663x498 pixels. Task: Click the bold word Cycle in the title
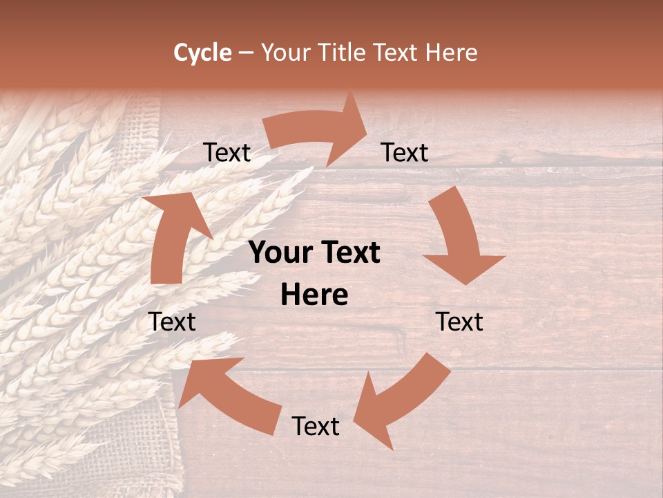point(202,53)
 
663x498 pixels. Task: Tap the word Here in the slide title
point(453,53)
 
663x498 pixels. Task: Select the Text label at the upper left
point(227,153)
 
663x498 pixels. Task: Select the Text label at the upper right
point(405,153)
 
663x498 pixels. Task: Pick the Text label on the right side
point(459,322)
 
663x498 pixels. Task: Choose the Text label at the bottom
point(316,426)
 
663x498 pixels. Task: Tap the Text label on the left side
point(172,322)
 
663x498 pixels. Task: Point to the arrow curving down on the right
point(459,235)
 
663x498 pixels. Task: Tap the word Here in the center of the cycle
point(314,295)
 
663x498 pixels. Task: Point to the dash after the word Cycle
point(246,53)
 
